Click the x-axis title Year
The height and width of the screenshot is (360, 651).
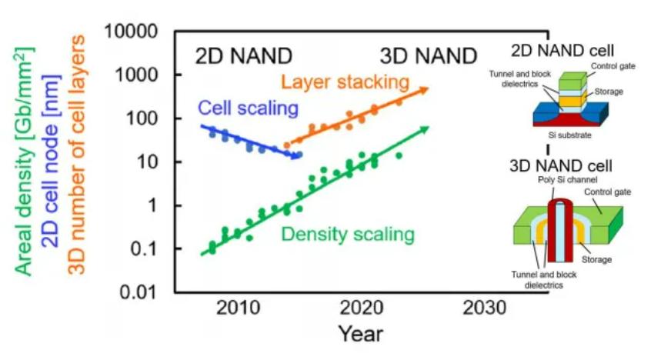(359, 335)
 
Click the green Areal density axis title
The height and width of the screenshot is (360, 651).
(23, 162)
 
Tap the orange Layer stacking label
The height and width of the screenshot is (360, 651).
(343, 80)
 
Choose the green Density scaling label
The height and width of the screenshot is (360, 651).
(348, 234)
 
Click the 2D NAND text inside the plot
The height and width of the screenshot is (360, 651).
(243, 55)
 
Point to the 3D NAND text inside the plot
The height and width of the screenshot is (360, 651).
(428, 55)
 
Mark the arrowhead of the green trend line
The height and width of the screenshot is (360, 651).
(424, 128)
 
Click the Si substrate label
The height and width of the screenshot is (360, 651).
(568, 134)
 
